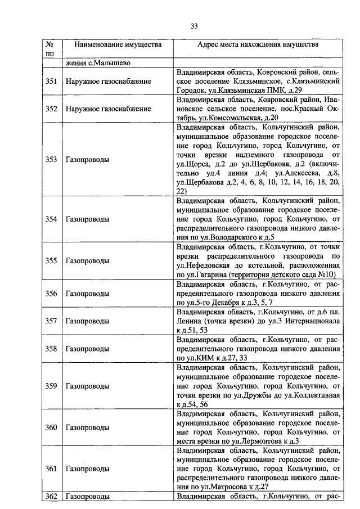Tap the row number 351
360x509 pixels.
click(51, 82)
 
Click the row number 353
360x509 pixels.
click(51, 159)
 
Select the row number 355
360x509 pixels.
click(51, 261)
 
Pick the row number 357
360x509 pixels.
click(51, 321)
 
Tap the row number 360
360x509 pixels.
click(51, 427)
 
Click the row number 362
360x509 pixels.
click(51, 497)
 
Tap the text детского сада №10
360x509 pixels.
click(303, 274)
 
